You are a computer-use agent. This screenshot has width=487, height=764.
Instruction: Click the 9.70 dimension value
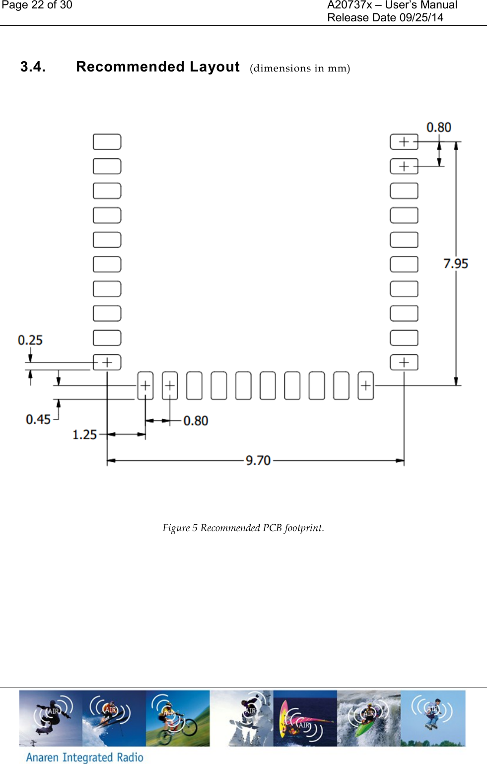tap(258, 460)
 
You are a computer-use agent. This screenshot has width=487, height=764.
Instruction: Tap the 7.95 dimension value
tap(455, 264)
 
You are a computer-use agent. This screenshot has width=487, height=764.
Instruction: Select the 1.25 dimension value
tap(84, 435)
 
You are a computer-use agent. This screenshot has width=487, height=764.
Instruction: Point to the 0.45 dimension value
tap(38, 419)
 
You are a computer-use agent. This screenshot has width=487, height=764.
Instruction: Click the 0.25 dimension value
tap(30, 340)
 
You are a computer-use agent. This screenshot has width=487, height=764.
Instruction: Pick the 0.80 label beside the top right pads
tap(439, 128)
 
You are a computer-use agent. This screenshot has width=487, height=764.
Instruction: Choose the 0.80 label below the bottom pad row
tap(196, 421)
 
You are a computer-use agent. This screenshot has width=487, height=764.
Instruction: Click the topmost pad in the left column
tap(107, 141)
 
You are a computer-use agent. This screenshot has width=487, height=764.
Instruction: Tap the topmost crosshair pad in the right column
tap(404, 141)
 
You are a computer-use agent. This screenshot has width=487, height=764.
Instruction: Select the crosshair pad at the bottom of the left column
tap(107, 362)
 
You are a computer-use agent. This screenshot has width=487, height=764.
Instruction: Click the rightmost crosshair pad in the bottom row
tap(366, 385)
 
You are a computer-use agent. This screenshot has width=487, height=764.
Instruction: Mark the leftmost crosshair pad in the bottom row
tap(145, 385)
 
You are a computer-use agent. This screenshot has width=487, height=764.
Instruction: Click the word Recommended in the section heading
tap(130, 67)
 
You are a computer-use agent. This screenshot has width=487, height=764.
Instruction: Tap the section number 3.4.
tap(33, 67)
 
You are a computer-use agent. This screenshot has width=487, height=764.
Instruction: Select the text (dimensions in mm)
tap(300, 68)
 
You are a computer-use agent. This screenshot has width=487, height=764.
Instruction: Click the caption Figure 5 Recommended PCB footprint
tap(243, 528)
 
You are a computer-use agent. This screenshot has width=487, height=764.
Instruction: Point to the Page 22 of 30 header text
tap(37, 5)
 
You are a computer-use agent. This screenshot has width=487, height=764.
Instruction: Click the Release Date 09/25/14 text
tap(385, 18)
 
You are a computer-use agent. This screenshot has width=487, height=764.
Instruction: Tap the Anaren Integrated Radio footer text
tap(84, 757)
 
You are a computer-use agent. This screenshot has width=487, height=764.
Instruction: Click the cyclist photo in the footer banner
tap(178, 718)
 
